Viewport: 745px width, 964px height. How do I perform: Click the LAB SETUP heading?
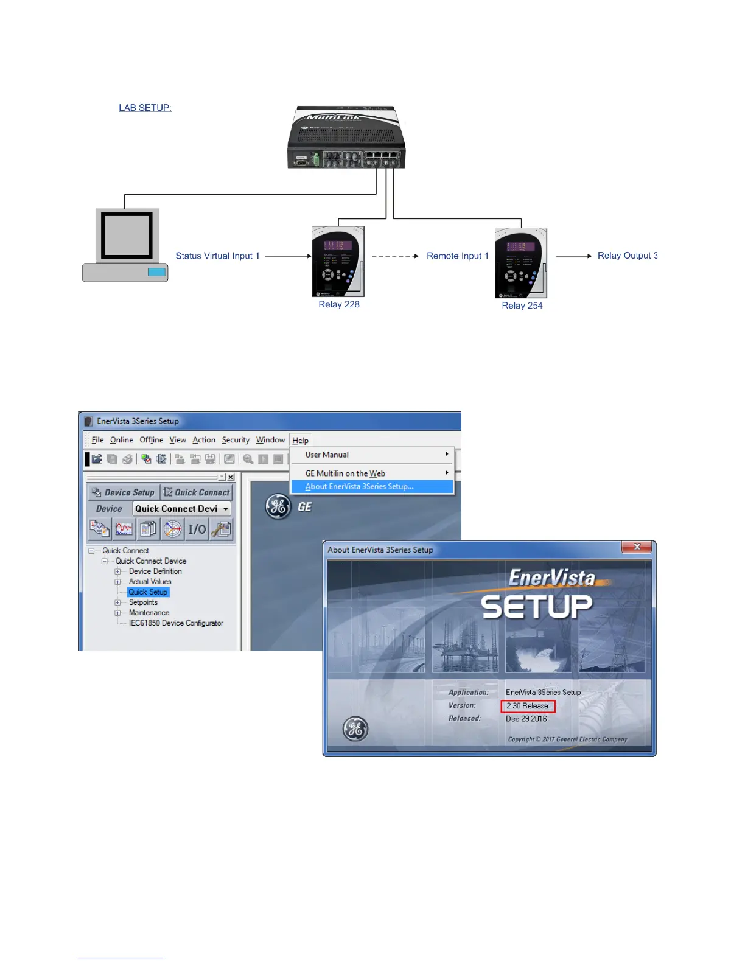coord(145,108)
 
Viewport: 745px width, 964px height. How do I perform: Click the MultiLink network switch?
coord(346,138)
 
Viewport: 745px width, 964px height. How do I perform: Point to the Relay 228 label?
coord(339,304)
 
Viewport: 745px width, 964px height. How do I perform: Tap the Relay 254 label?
coord(522,306)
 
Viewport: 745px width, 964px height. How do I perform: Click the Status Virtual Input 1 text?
coord(217,256)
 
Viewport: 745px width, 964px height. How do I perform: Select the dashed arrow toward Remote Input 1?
coord(395,256)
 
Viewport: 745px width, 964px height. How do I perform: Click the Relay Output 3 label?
coord(627,256)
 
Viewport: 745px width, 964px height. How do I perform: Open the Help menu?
coord(300,441)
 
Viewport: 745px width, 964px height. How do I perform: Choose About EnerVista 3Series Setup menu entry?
coord(359,487)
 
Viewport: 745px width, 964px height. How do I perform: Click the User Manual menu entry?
coord(327,455)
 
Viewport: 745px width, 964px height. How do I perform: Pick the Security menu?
coord(236,440)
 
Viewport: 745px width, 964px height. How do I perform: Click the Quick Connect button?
coord(197,492)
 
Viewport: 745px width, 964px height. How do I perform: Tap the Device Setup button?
coord(123,492)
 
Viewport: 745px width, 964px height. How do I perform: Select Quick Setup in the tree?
coord(148,592)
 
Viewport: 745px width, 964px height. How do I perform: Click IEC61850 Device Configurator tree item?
coord(176,623)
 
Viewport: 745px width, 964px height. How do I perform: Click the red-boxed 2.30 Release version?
coord(527,706)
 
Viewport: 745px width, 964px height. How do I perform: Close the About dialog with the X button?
coord(637,547)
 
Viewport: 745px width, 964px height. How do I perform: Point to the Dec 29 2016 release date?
coord(526,719)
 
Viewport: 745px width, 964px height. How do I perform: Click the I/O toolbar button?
coord(197,529)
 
